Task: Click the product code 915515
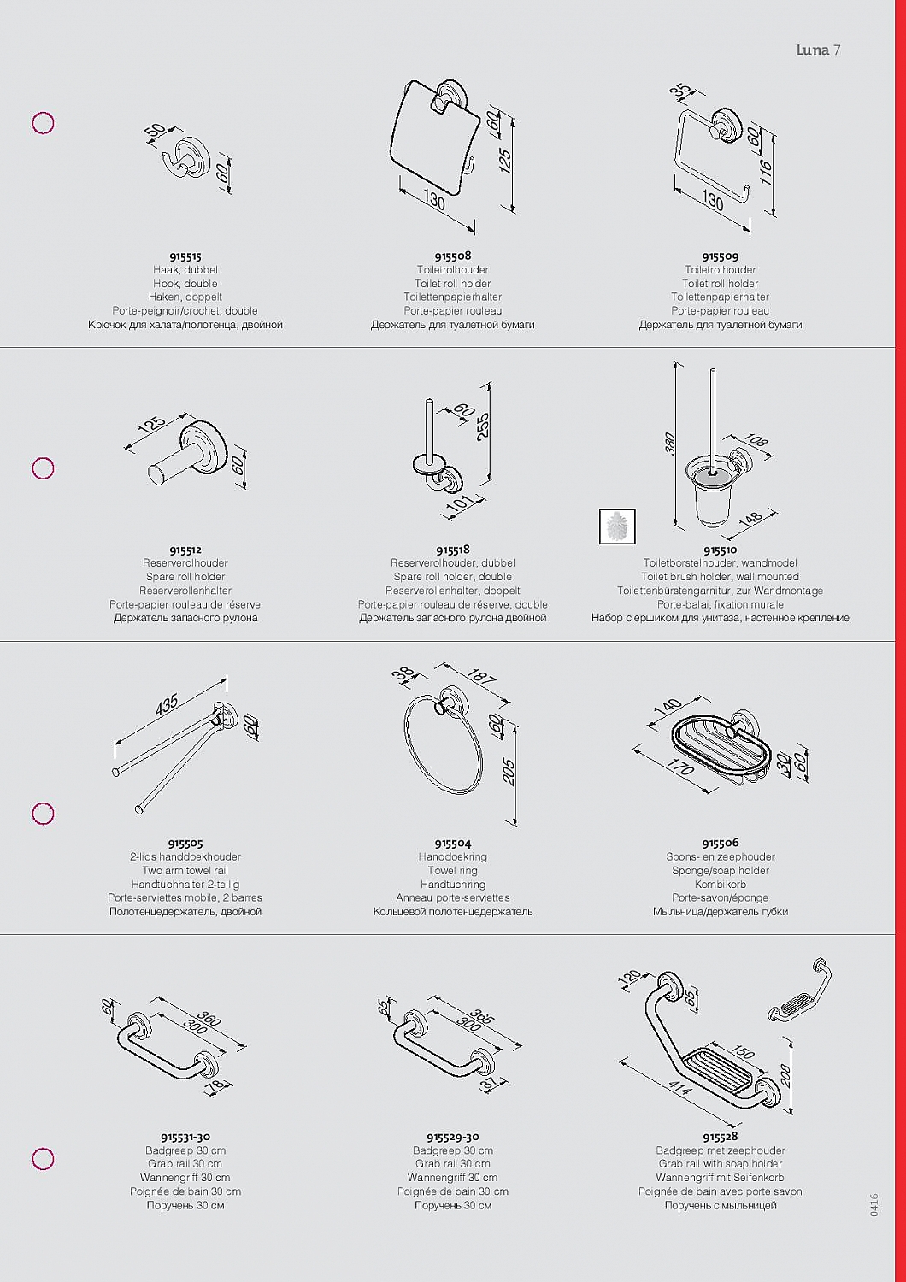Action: click(x=185, y=257)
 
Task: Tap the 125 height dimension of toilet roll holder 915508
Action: click(x=505, y=161)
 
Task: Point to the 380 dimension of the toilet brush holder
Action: click(x=671, y=444)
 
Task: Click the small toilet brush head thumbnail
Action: click(x=617, y=526)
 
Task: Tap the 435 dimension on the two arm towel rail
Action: click(x=168, y=705)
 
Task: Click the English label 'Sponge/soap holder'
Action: click(x=721, y=871)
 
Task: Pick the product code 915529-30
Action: click(x=453, y=1137)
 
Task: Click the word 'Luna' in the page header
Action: click(x=813, y=50)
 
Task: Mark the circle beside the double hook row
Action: click(x=43, y=123)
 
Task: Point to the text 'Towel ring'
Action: click(x=453, y=871)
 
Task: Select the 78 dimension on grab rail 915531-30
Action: click(x=215, y=1084)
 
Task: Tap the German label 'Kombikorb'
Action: click(x=721, y=885)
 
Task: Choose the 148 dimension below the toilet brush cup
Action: click(x=750, y=518)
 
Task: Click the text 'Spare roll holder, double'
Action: click(x=453, y=577)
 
